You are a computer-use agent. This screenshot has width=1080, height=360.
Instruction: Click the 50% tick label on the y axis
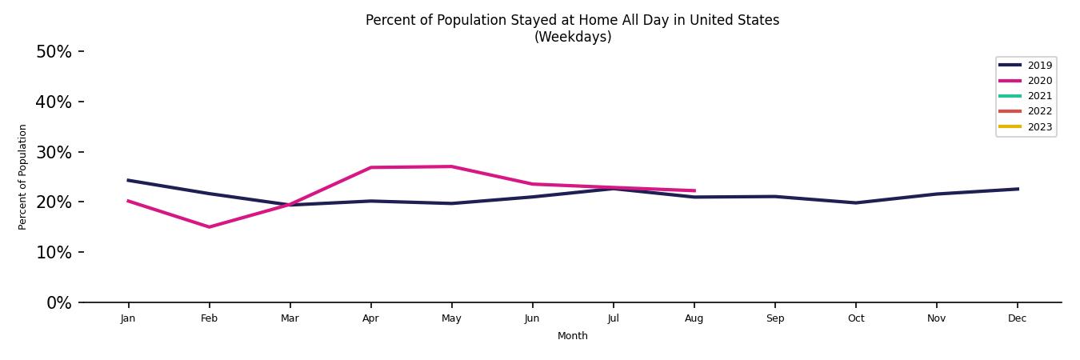[54, 52]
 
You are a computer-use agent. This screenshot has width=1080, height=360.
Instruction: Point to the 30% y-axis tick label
[54, 153]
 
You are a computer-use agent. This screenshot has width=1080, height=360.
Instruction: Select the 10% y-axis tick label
[54, 253]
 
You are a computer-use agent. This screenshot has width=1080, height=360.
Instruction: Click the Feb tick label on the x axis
[209, 318]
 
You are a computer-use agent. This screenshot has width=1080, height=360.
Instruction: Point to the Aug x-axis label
[694, 318]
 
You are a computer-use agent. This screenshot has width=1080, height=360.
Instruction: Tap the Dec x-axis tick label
[1017, 318]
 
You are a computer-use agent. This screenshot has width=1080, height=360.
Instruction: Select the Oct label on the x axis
[855, 318]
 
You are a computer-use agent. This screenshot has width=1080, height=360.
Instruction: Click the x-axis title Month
[572, 336]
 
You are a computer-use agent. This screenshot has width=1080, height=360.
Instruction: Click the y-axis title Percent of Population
[23, 177]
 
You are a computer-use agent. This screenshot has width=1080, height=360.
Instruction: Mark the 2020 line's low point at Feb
[210, 227]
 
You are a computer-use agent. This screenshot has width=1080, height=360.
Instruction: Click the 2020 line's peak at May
[451, 166]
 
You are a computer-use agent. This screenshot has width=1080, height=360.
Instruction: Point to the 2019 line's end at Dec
[1018, 189]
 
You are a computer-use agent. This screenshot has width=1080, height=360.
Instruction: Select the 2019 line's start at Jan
[128, 180]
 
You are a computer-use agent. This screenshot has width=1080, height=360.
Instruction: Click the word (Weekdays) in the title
[572, 38]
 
